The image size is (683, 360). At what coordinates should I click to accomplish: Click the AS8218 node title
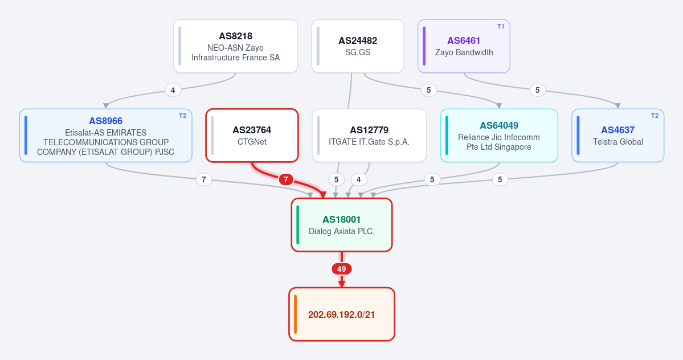click(236, 36)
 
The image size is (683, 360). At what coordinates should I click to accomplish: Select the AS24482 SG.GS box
click(358, 46)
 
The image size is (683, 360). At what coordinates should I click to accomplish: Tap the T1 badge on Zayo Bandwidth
click(501, 27)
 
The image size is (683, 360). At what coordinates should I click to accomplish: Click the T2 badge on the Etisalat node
click(182, 116)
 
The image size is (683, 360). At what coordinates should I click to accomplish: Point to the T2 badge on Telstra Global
click(655, 116)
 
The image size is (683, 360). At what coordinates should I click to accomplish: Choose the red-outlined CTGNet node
click(252, 136)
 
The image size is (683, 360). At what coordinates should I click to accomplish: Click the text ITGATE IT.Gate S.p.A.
click(369, 142)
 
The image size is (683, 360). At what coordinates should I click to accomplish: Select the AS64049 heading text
click(499, 125)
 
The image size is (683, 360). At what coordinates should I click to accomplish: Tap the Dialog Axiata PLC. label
click(342, 231)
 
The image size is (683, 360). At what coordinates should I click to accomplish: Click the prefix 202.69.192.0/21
click(342, 314)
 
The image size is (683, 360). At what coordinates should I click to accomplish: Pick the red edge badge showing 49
click(342, 269)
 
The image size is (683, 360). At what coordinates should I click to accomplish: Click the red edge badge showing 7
click(286, 179)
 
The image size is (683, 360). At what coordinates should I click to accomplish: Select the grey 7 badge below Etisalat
click(204, 179)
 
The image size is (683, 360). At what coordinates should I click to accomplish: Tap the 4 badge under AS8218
click(173, 90)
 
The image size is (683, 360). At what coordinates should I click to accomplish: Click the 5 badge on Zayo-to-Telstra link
click(538, 90)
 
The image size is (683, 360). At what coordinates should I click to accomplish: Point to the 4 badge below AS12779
click(358, 179)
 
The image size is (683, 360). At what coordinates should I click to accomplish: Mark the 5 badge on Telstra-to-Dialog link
click(500, 179)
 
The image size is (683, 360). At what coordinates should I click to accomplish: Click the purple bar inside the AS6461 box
click(424, 46)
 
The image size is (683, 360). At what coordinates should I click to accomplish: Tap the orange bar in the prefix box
click(295, 314)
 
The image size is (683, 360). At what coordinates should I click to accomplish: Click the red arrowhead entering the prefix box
click(342, 284)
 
